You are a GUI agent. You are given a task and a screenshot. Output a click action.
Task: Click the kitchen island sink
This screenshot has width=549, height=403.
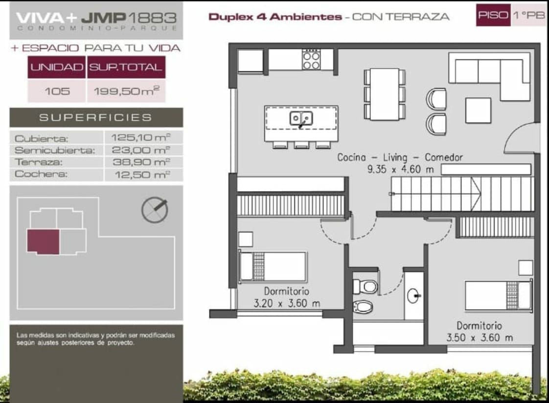[x=301, y=118]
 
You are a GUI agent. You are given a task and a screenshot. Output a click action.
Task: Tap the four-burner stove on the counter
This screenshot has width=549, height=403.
[x=311, y=60]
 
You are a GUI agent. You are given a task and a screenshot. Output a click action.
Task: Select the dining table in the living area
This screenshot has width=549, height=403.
[x=385, y=94]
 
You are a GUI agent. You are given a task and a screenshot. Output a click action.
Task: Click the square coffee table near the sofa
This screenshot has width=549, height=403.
[x=478, y=111]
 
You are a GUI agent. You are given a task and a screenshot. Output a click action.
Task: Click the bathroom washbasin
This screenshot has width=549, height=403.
[x=413, y=295]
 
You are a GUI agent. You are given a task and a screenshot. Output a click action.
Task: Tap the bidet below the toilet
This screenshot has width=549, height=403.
[x=363, y=307]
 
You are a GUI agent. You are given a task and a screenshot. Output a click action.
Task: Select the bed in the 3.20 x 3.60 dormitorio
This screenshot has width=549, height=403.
[x=273, y=267]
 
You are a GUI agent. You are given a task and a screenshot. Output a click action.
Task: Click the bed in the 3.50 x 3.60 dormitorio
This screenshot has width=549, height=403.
[x=499, y=295]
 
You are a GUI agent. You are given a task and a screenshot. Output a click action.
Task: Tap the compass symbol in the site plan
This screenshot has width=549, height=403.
[x=155, y=210]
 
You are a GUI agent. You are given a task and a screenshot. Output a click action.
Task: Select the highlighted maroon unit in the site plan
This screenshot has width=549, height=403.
[x=43, y=242]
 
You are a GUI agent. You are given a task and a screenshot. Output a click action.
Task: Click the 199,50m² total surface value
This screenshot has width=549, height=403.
[x=126, y=91]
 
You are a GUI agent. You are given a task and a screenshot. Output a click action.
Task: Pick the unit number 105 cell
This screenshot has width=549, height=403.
[x=57, y=91]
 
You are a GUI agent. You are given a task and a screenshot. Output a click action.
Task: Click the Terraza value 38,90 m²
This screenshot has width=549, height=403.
[x=141, y=162]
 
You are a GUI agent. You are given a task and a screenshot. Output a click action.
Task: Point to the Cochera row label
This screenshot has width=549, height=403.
[x=41, y=174]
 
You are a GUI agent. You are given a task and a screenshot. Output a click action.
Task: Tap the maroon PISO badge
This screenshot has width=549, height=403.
[x=493, y=15]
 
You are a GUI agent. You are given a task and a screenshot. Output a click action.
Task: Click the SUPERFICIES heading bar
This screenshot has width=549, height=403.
[x=96, y=117]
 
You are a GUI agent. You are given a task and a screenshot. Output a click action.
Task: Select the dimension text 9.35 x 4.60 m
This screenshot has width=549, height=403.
[x=400, y=169]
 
